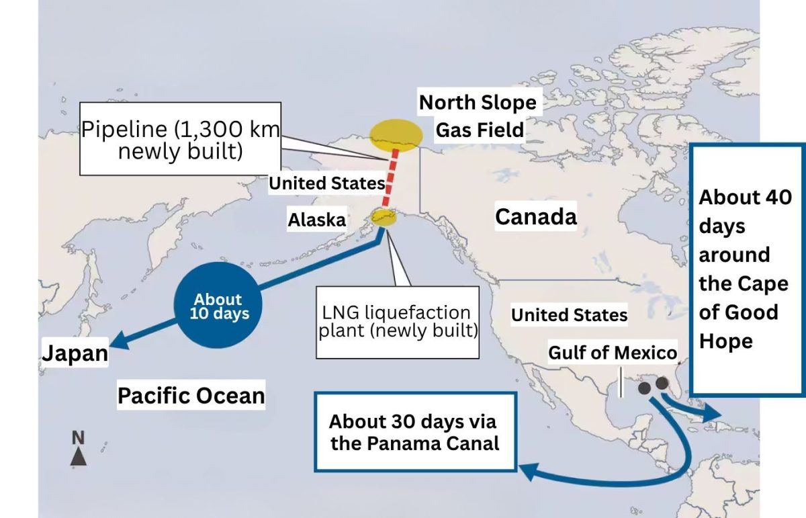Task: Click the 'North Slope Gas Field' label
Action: coord(478,116)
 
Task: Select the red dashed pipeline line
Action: coord(390,181)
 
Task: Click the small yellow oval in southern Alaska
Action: coord(384,217)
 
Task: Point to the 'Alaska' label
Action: coord(317,220)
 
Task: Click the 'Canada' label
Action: coord(535,217)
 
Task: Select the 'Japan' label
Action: coord(75,353)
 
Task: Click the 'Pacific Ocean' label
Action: coord(191,395)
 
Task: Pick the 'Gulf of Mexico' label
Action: coord(612,353)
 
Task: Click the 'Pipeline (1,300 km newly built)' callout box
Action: coord(180,139)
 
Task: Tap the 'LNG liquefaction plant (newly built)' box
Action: coord(398,322)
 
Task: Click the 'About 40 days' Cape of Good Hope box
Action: coord(746,269)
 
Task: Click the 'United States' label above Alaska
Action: coord(326,183)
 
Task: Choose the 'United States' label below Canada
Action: coord(569,315)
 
